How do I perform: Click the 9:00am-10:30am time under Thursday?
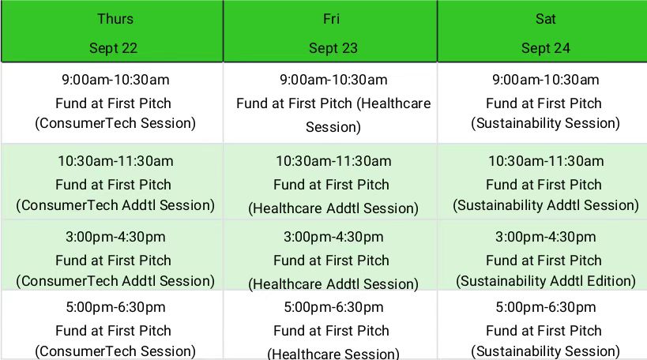(x=115, y=80)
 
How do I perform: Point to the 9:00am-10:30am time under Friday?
(x=333, y=80)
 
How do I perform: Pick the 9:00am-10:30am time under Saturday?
(x=546, y=80)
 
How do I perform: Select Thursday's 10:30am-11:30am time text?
(x=115, y=161)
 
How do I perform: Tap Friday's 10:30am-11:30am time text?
(x=333, y=161)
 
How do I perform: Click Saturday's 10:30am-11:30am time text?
(x=546, y=161)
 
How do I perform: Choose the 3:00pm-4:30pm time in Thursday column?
(x=115, y=237)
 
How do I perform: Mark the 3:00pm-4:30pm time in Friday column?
(x=333, y=237)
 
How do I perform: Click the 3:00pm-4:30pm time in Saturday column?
(x=546, y=237)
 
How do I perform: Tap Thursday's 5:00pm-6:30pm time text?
(x=115, y=307)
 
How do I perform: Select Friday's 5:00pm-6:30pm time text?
(x=333, y=307)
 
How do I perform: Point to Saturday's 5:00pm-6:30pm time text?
(x=546, y=307)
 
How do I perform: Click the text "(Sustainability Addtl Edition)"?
(x=546, y=281)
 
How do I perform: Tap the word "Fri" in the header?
(x=331, y=19)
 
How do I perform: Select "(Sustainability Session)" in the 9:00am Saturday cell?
(x=546, y=123)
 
